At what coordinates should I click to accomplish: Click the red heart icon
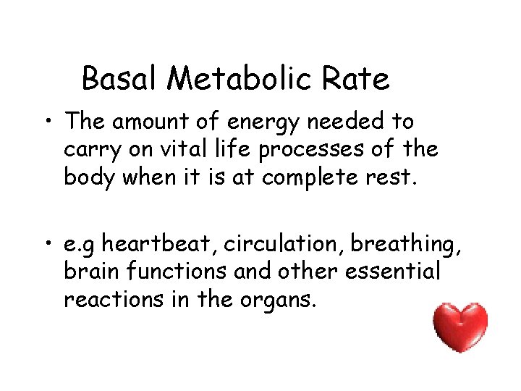[x=460, y=327]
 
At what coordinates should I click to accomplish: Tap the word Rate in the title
[x=360, y=79]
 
